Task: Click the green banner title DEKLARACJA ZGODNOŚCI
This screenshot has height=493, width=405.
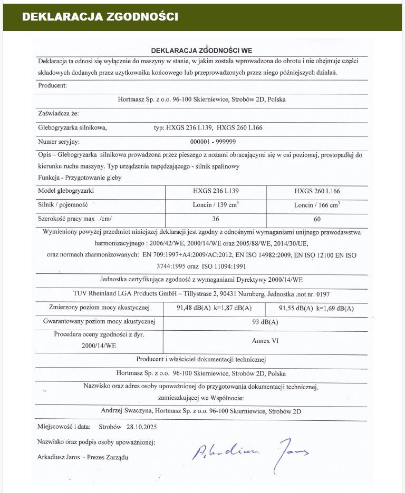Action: point(100,17)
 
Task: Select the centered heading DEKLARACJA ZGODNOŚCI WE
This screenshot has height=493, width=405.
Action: point(202,51)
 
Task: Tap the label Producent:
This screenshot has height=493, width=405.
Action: point(53,85)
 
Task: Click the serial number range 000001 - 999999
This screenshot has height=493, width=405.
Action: point(213,142)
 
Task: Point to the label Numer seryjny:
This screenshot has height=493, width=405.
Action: point(59,142)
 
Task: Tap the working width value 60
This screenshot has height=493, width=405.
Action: point(317,218)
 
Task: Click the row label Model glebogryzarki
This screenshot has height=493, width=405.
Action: point(66,191)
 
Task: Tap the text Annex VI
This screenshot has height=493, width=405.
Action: point(265,341)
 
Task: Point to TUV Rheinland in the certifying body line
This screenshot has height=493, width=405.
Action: point(95,293)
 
